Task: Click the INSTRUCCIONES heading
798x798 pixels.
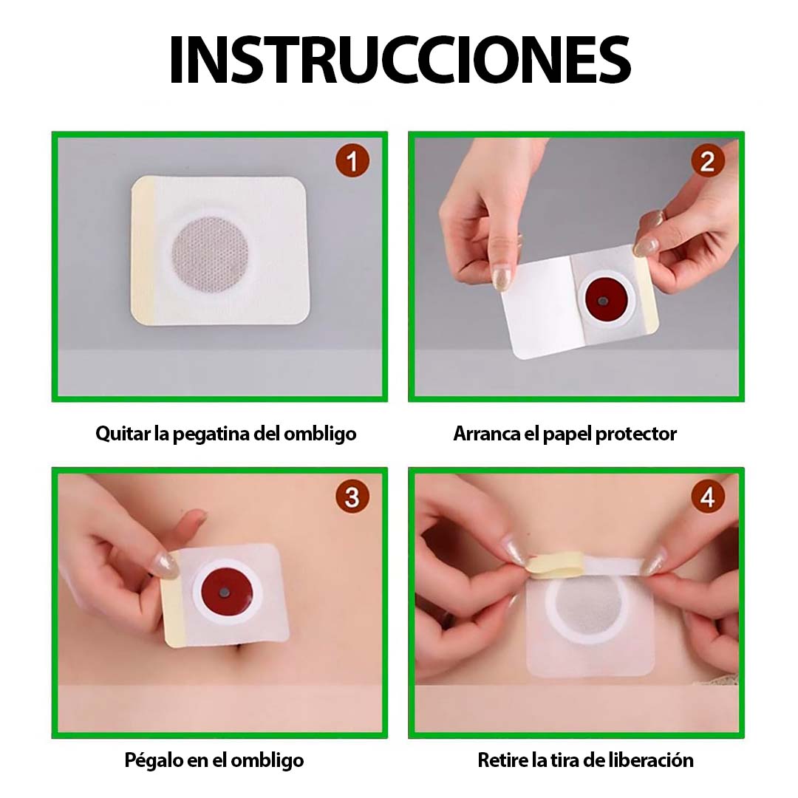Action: click(x=399, y=59)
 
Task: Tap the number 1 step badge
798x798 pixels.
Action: click(x=352, y=160)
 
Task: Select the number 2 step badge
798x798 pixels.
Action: click(x=707, y=160)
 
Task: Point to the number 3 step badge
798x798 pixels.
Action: click(x=352, y=497)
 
